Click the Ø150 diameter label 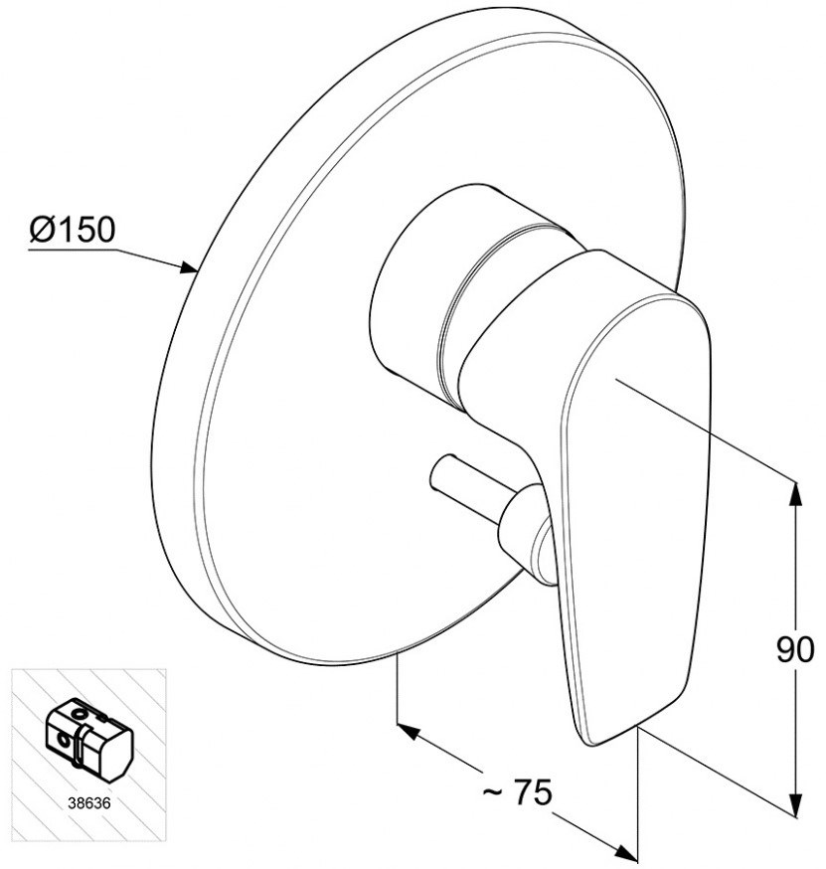pos(73,229)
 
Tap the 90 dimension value pos(795,649)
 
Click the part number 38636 pos(89,803)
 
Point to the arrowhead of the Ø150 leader pos(190,268)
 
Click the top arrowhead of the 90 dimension pos(796,493)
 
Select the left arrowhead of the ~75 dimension pos(408,732)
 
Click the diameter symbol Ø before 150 pos(43,229)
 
